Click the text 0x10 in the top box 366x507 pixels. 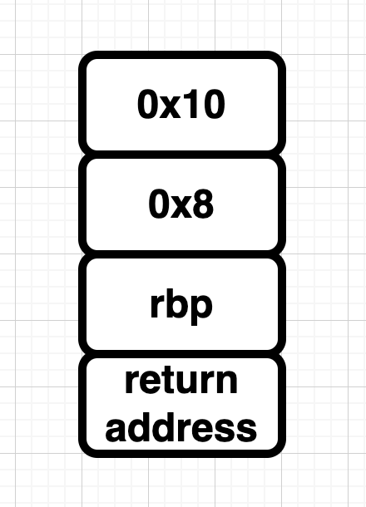(181, 105)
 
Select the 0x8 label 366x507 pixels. (181, 204)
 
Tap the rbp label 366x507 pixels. (181, 306)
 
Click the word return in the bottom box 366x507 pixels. (181, 381)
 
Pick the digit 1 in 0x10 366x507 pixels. (190, 105)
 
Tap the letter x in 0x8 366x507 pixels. (181, 208)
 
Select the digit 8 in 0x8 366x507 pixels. (203, 204)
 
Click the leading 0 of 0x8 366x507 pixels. (159, 204)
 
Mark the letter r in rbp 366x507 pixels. (156, 307)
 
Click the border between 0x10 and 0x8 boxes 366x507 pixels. (182, 155)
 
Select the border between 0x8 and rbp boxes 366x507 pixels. (182, 254)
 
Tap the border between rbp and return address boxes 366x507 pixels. (182, 354)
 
